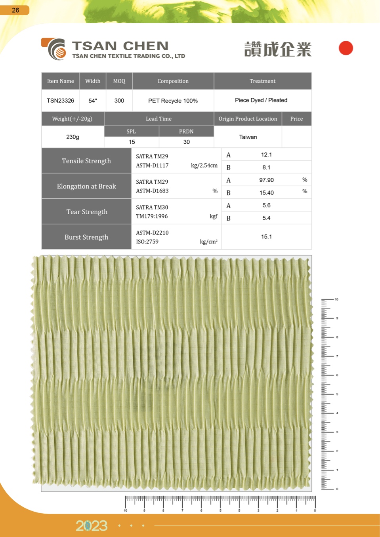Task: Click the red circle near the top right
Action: click(346, 48)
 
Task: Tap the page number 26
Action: click(15, 10)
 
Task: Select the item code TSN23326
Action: click(60, 101)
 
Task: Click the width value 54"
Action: click(93, 101)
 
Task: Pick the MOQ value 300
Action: click(119, 101)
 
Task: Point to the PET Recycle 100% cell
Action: click(173, 101)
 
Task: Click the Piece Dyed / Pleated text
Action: click(261, 100)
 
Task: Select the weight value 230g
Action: click(73, 137)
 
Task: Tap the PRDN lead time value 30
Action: click(187, 142)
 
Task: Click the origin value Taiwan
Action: click(248, 137)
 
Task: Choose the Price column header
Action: click(296, 119)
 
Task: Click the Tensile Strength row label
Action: click(86, 161)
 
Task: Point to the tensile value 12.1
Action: click(266, 154)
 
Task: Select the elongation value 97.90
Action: click(266, 180)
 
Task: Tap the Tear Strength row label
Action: click(87, 211)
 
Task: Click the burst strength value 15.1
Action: click(266, 236)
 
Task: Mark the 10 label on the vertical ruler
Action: click(336, 299)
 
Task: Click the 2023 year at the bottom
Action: click(92, 526)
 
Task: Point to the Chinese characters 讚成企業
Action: click(278, 50)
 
